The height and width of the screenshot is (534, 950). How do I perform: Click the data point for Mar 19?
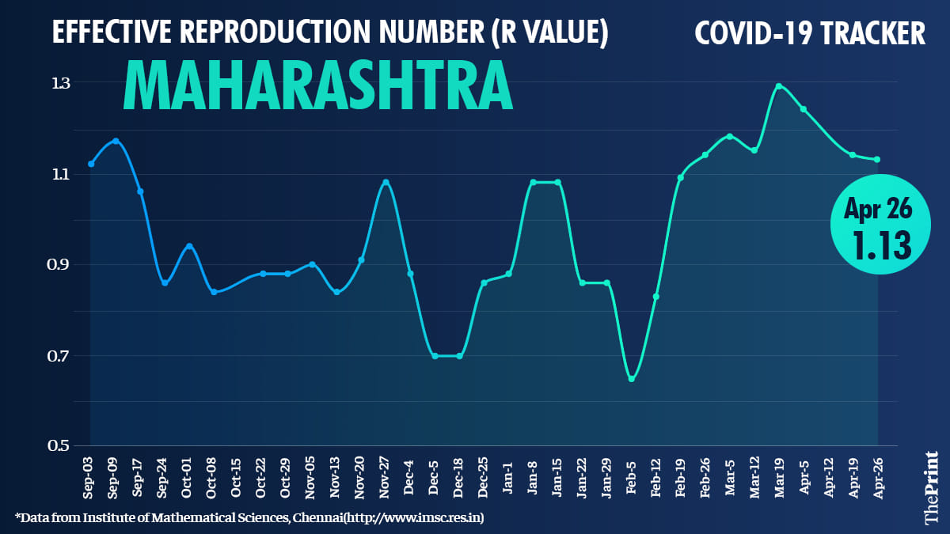pyautogui.click(x=779, y=86)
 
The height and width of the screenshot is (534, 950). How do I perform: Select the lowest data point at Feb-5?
pyautogui.click(x=631, y=379)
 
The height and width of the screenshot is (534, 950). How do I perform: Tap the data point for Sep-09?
pyautogui.click(x=116, y=141)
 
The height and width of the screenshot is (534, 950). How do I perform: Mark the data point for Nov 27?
pyautogui.click(x=386, y=182)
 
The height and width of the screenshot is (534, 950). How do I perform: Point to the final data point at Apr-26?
pyautogui.click(x=877, y=159)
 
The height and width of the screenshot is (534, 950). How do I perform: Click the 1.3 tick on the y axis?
pyautogui.click(x=60, y=82)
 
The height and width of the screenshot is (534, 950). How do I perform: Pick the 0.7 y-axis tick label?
pyautogui.click(x=60, y=355)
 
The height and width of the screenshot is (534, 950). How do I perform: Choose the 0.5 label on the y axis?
pyautogui.click(x=60, y=445)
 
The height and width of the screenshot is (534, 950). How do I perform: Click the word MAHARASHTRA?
pyautogui.click(x=317, y=85)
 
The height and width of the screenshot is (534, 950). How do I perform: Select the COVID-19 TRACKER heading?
pyautogui.click(x=810, y=33)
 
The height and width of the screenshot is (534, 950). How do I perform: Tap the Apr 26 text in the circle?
pyautogui.click(x=878, y=209)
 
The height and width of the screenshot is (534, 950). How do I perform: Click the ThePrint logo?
pyautogui.click(x=931, y=487)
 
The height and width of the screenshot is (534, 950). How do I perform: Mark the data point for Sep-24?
pyautogui.click(x=165, y=282)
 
